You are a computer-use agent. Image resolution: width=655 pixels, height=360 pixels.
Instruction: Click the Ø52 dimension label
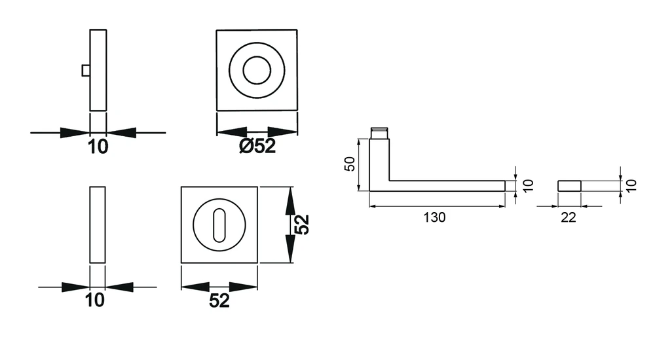tap(257, 146)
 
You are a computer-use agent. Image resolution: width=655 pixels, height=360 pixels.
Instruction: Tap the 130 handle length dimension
tap(434, 217)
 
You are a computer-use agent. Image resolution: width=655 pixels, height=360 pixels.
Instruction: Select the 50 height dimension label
tap(350, 164)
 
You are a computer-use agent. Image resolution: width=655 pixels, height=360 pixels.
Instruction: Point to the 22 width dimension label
tap(569, 217)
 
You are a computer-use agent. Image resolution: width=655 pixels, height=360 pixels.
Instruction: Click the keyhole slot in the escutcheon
tap(219, 225)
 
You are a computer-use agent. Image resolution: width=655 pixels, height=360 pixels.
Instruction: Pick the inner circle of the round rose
tap(257, 71)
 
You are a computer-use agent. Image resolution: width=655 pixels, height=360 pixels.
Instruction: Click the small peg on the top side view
tap(86, 71)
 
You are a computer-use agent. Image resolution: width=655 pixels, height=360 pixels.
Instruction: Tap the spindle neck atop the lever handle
tap(379, 134)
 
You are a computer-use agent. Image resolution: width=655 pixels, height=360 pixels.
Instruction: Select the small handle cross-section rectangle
tap(569, 186)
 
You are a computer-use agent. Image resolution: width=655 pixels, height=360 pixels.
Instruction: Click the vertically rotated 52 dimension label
tap(301, 225)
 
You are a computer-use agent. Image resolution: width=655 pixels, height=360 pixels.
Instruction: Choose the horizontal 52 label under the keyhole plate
tap(219, 300)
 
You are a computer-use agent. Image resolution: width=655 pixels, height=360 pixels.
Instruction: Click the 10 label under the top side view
tap(98, 147)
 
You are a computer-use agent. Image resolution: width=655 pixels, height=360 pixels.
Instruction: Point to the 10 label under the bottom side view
tap(95, 300)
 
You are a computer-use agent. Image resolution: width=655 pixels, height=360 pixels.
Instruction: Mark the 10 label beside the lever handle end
tap(528, 185)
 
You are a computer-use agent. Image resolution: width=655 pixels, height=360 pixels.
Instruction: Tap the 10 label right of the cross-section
tap(631, 185)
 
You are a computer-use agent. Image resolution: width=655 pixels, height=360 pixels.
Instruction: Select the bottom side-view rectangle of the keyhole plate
tap(98, 225)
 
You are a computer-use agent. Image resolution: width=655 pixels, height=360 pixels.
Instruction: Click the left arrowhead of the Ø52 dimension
tap(232, 132)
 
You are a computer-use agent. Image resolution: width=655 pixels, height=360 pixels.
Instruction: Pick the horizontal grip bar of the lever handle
tap(447, 186)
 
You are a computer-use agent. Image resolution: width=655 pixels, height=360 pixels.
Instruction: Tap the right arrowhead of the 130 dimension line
tap(500, 206)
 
